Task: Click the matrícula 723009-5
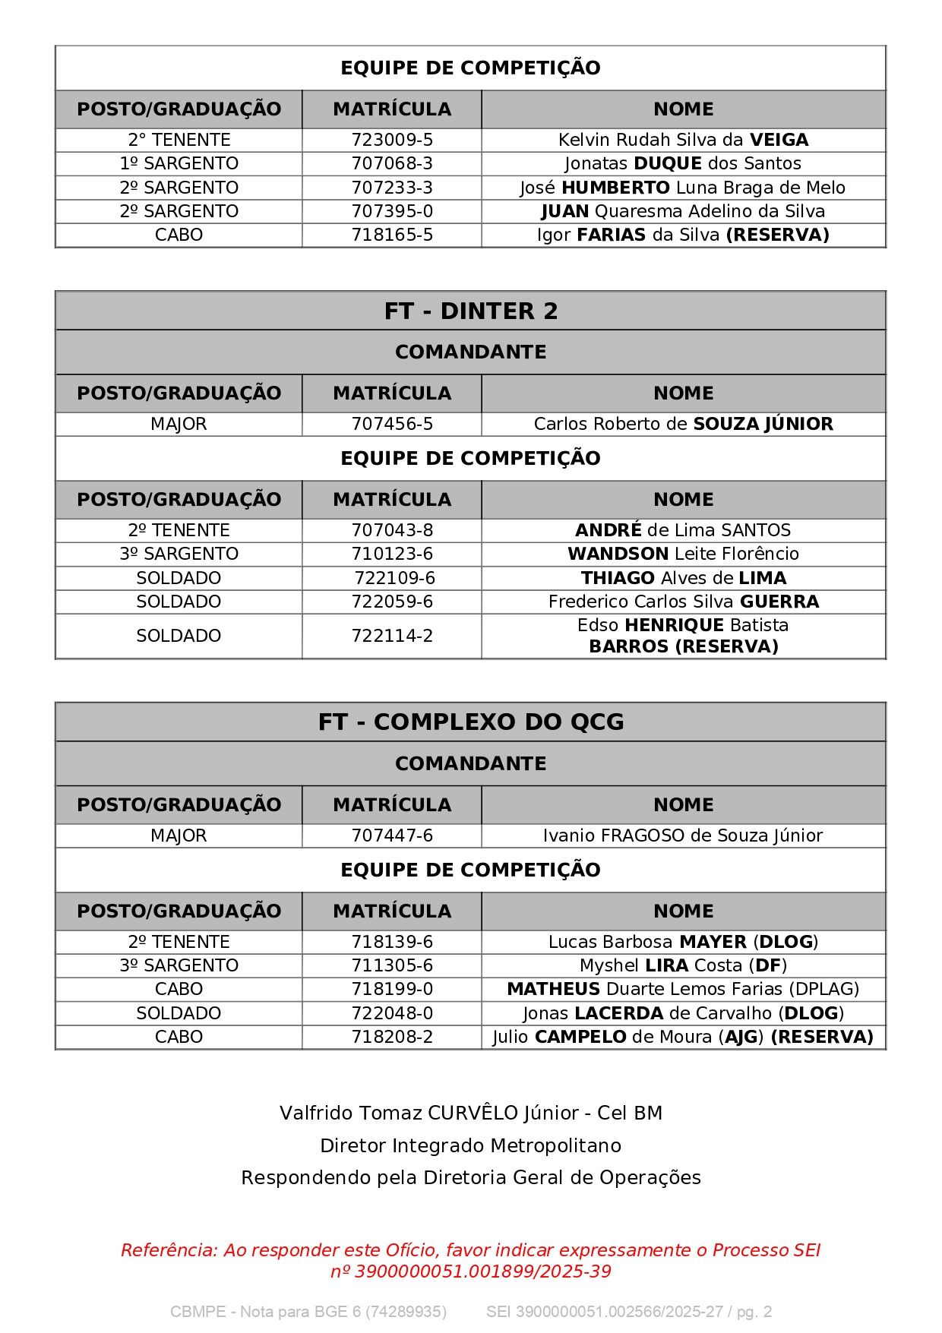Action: pyautogui.click(x=392, y=140)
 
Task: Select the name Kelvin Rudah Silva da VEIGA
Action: pyautogui.click(x=683, y=140)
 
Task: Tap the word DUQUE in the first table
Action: pyautogui.click(x=668, y=163)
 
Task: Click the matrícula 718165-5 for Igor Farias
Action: pyautogui.click(x=392, y=235)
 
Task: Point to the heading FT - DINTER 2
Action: pyautogui.click(x=470, y=311)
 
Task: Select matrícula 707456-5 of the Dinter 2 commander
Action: pyautogui.click(x=392, y=424)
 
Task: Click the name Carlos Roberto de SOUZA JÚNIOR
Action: pyautogui.click(x=683, y=424)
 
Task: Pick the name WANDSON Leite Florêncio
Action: pyautogui.click(x=683, y=554)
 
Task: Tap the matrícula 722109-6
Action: pyautogui.click(x=394, y=578)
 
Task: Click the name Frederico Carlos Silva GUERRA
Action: pyautogui.click(x=683, y=602)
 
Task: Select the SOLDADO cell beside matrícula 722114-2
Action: pyautogui.click(x=179, y=636)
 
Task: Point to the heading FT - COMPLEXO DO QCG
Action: pyautogui.click(x=470, y=722)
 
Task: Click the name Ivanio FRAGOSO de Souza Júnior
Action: pyautogui.click(x=683, y=835)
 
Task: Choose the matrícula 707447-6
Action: pyautogui.click(x=392, y=835)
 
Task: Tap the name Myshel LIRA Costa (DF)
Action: pyautogui.click(x=683, y=965)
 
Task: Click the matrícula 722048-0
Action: pyautogui.click(x=392, y=1013)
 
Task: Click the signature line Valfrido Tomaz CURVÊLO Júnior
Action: pyautogui.click(x=470, y=1113)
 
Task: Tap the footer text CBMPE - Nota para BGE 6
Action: pyautogui.click(x=308, y=1312)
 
